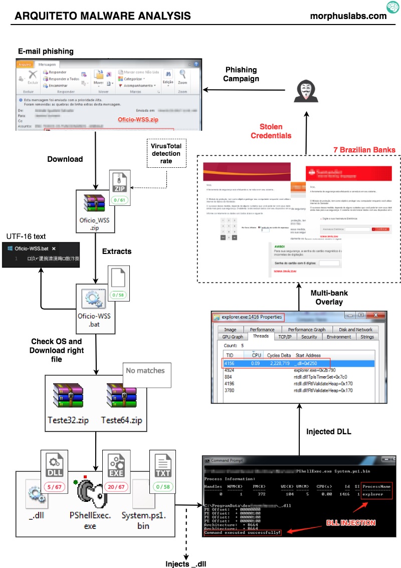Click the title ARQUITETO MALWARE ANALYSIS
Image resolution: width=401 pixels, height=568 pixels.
[103, 16]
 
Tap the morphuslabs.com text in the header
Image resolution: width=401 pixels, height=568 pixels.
[348, 16]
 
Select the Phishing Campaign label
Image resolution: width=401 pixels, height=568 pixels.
[241, 74]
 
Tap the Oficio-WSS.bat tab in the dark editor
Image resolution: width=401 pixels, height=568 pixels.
[35, 248]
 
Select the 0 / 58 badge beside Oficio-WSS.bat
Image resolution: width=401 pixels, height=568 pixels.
[118, 295]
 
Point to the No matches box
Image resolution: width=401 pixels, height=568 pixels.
[145, 371]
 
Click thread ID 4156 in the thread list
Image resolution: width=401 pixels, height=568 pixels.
[230, 363]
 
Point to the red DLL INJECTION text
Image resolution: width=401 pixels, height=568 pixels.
[351, 522]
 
